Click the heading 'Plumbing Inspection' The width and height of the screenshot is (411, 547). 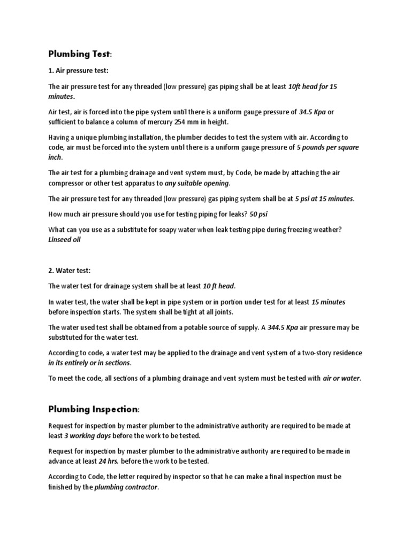(93, 409)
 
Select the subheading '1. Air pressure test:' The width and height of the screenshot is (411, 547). (78, 71)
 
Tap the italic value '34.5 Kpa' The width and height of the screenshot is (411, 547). (312, 112)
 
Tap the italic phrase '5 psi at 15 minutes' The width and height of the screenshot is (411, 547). (324, 199)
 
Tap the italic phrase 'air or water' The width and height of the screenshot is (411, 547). (341, 379)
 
